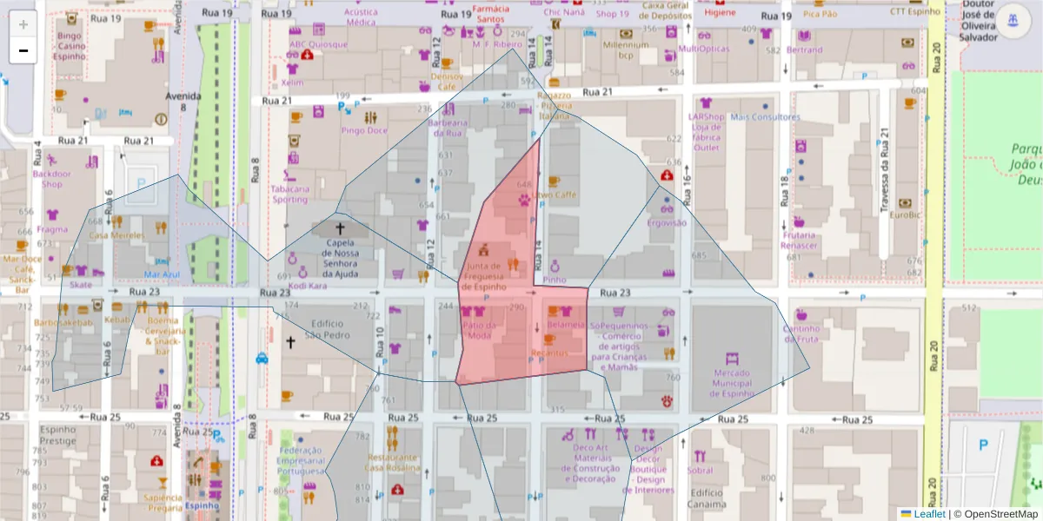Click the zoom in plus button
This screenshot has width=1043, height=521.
[23, 24]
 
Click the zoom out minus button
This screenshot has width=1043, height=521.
[23, 50]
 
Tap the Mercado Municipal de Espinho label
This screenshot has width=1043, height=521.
[732, 382]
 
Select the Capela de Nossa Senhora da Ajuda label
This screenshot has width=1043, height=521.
[339, 256]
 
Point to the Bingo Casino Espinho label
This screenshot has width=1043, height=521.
[70, 46]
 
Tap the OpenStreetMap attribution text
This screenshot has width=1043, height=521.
[1001, 514]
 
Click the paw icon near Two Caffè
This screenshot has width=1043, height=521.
[524, 199]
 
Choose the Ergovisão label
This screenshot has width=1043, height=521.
[667, 223]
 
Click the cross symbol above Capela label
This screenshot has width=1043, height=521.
[339, 228]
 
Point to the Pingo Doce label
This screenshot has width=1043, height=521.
[364, 130]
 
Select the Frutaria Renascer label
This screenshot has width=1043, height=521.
[799, 240]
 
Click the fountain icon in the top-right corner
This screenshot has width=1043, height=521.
[1011, 20]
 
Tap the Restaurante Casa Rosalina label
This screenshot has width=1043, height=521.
[392, 462]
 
